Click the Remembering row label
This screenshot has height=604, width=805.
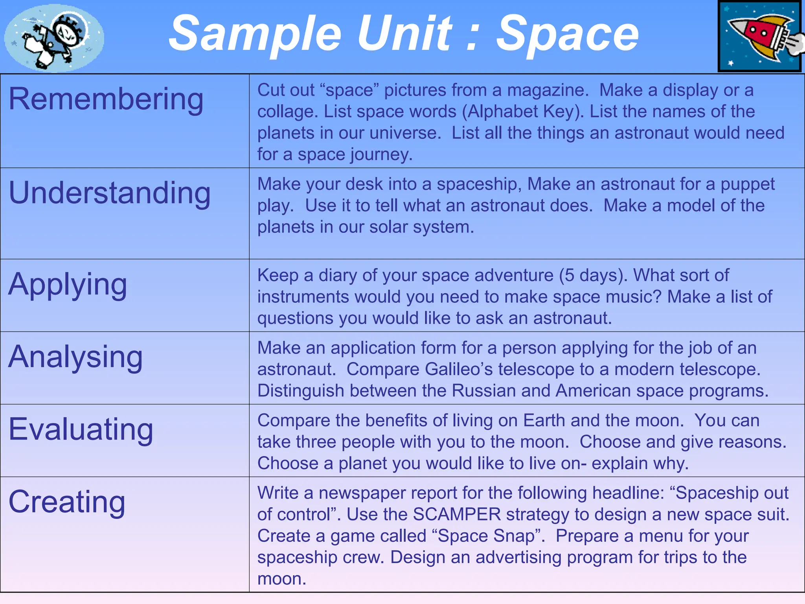point(106,99)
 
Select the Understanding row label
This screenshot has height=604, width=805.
point(110,193)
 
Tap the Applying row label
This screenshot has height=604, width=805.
point(68,285)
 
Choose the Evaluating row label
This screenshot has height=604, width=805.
point(81,429)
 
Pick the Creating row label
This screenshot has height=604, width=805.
point(67,502)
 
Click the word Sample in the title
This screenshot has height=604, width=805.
point(255,35)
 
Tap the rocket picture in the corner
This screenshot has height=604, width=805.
point(759,36)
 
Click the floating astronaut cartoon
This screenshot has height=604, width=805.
point(54,38)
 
